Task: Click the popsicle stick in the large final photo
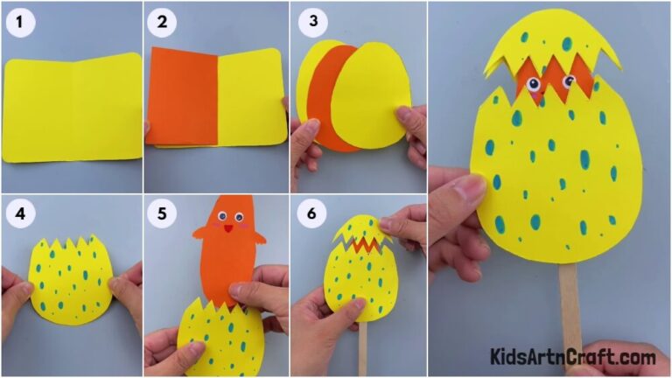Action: [570, 306]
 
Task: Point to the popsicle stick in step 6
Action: [362, 346]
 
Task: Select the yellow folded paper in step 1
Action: [72, 107]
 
